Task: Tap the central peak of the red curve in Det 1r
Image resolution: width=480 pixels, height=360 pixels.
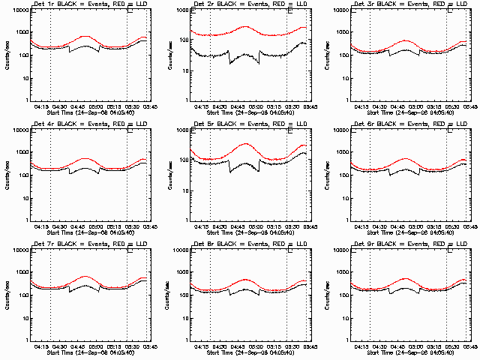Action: [85, 36]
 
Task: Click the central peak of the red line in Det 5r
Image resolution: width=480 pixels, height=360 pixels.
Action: [245, 144]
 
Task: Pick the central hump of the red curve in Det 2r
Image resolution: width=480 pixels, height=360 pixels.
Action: [245, 27]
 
